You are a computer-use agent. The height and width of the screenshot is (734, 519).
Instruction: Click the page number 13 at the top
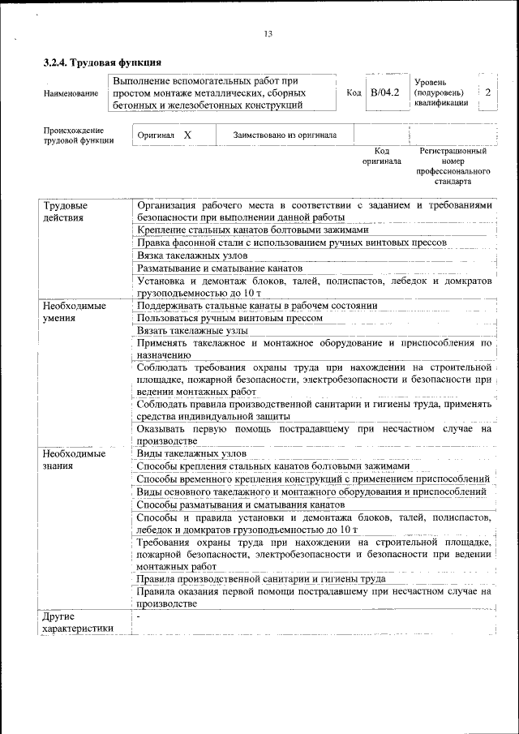pos(268,33)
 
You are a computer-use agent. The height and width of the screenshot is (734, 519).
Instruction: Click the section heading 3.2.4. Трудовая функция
pos(102,62)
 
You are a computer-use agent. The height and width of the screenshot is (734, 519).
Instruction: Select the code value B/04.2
pos(384,92)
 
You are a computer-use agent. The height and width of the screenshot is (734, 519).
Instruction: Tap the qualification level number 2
pos(487,92)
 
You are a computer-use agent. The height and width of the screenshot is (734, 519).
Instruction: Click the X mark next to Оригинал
pos(187,135)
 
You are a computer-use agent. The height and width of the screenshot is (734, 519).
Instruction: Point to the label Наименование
pos(71,94)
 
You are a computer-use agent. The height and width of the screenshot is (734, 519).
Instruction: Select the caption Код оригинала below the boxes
pos(382,156)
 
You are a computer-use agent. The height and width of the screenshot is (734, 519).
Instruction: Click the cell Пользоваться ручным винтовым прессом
pos(230,318)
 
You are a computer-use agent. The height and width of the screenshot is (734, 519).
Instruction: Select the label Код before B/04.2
pos(354,93)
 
